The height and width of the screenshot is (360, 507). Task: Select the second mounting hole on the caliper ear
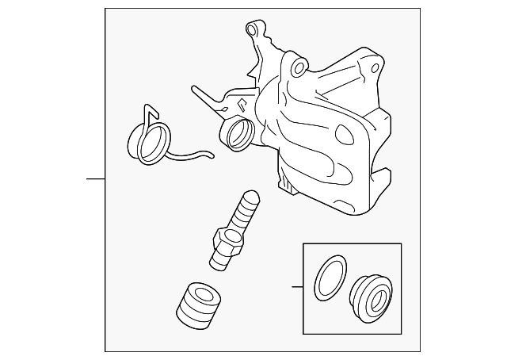(x=298, y=68)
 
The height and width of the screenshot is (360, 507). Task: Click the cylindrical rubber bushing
(x=198, y=304)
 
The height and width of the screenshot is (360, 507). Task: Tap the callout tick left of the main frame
(x=96, y=178)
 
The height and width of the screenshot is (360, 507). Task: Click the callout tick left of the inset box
(x=296, y=286)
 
